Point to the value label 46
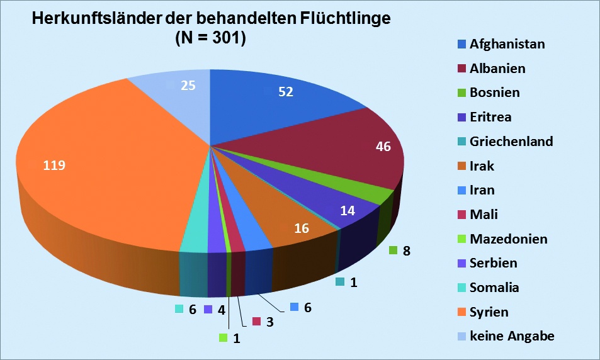coord(383,147)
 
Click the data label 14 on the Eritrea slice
coord(348,211)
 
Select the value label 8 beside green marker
coord(406,251)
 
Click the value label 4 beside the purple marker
coord(221,310)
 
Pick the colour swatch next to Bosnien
coord(462,93)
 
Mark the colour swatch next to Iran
coord(462,191)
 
